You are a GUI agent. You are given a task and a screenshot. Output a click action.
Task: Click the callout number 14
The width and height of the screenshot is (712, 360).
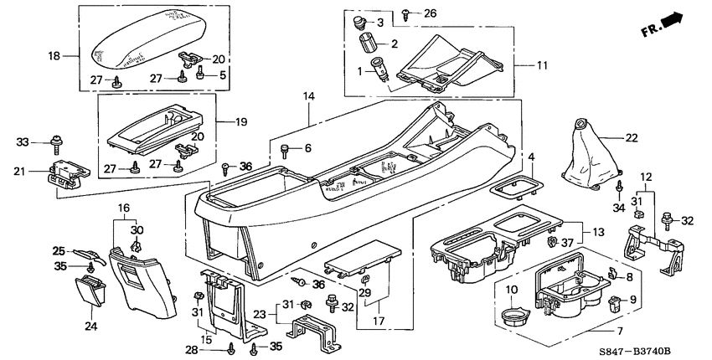pyautogui.click(x=308, y=98)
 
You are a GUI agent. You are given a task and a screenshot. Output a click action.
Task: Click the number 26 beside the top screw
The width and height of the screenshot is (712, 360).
pyautogui.click(x=430, y=13)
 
